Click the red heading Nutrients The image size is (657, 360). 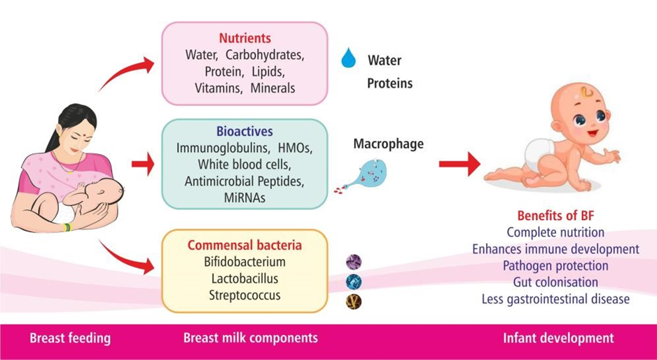coord(244,38)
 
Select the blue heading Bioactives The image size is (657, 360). coord(244,131)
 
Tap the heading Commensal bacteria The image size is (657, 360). coord(244,244)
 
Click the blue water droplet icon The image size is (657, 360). coord(348,58)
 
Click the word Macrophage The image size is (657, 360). coord(389,144)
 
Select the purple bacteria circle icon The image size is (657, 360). coord(354,263)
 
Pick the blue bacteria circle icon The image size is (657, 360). coord(354,282)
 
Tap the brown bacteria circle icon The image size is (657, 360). coord(354,302)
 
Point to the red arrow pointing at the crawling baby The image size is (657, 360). coord(459,164)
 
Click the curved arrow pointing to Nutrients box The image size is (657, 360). coord(124,72)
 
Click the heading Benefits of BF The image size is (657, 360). coord(555,216)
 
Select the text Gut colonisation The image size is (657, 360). coord(555,282)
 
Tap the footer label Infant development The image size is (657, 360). coord(558,338)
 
